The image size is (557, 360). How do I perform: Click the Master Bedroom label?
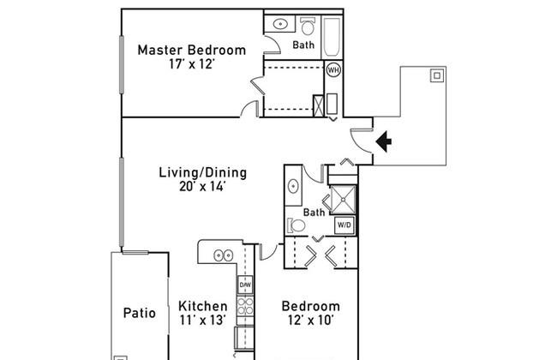pos(191,50)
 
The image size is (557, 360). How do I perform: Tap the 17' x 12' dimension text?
pos(192,64)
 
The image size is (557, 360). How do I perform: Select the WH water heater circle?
pos(332,70)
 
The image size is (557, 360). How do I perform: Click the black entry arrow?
pos(384,141)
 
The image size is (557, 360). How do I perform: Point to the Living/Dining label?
pos(202,173)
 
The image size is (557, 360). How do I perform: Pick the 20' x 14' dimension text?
pos(202,187)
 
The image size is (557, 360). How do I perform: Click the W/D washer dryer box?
pos(344,225)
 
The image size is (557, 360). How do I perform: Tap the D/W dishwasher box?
pos(245,285)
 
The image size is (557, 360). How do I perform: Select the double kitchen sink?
pos(223,255)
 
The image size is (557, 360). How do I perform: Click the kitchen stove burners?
pos(245,306)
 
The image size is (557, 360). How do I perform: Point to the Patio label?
pos(139,313)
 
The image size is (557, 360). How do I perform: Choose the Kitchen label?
pos(203,306)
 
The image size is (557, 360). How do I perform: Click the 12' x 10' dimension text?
pos(311,321)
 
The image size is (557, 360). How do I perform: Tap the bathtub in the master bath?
pos(332,38)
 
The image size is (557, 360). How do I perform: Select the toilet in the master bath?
pos(307,26)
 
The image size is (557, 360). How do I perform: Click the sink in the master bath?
pos(280,24)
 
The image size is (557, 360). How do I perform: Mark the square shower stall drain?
pos(343,200)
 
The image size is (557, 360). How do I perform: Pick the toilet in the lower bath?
pos(296,225)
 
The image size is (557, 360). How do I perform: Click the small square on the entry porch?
pos(437,75)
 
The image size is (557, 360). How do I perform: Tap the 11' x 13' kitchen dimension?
pos(202,321)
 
